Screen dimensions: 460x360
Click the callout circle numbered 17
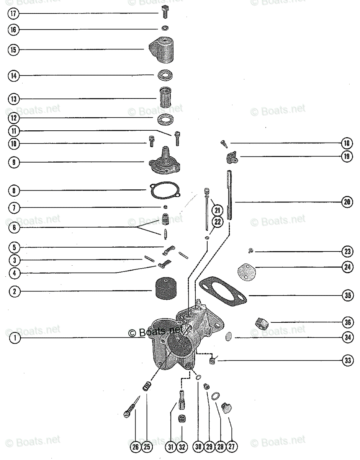[x=13, y=14]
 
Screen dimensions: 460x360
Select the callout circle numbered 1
[x=15, y=338]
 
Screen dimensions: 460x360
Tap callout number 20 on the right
[x=347, y=202]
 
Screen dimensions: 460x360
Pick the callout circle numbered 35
[x=347, y=295]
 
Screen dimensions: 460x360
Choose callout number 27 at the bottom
[x=231, y=447]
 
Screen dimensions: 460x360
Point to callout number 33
[x=347, y=360]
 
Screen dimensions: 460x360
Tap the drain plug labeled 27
[x=226, y=407]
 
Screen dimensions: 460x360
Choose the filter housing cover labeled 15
[x=163, y=49]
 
